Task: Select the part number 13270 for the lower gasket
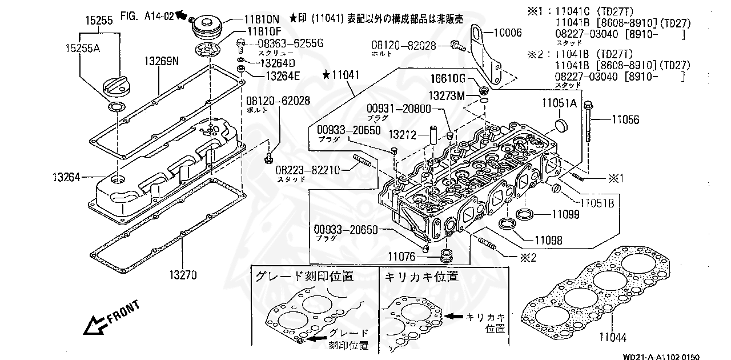(x=182, y=275)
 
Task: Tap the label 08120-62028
(x=278, y=101)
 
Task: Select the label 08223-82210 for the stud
(x=308, y=170)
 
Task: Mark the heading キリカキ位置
(x=422, y=277)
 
